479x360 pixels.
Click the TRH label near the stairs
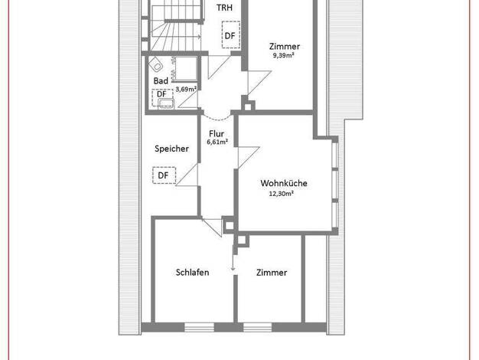pos(224,8)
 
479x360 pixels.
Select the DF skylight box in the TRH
pos(230,34)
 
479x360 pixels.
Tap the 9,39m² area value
pos(283,55)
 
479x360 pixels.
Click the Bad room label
pos(161,81)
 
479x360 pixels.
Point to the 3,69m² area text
pos(186,90)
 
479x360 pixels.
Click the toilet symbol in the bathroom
pos(155,64)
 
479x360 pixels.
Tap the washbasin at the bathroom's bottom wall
pos(166,103)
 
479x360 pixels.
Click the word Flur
pos(217,134)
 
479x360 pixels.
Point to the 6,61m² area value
pos(217,142)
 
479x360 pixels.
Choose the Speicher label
pos(171,149)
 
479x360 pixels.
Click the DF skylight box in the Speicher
pos(165,175)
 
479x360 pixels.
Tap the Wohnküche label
pos(284,183)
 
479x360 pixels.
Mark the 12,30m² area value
pos(282,194)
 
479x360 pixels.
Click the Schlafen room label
pos(193,272)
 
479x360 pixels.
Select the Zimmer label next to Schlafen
pos(272,273)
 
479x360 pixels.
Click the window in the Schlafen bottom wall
pos(199,327)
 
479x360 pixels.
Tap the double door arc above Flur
pos(217,116)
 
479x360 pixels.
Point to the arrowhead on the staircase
pos(199,37)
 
